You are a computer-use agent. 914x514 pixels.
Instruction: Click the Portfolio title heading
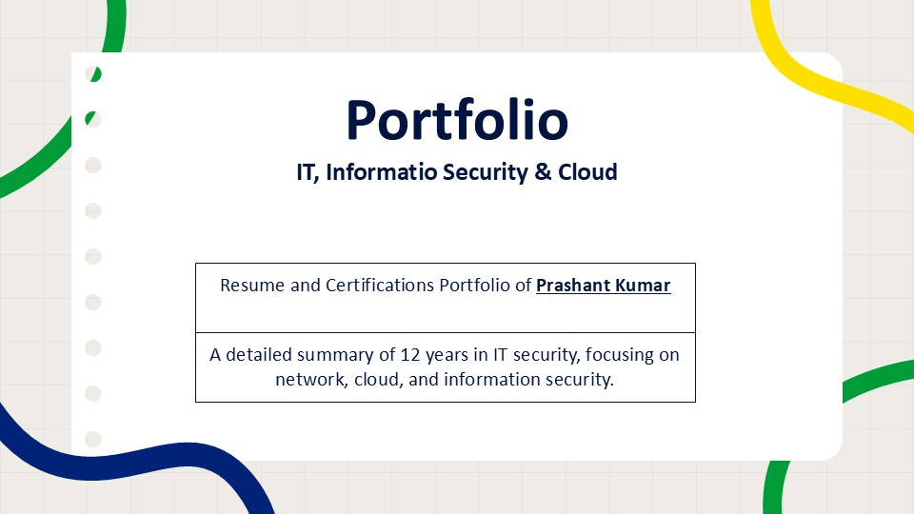coord(457,121)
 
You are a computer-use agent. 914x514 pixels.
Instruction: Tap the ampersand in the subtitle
coord(543,172)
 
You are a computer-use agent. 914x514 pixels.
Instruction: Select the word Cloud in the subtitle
coord(587,172)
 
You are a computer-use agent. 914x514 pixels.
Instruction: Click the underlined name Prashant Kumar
coord(604,285)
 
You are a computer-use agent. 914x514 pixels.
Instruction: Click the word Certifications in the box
coord(380,285)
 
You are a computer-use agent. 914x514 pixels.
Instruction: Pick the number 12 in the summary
coord(410,355)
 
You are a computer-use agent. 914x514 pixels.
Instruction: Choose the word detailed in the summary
coord(259,354)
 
